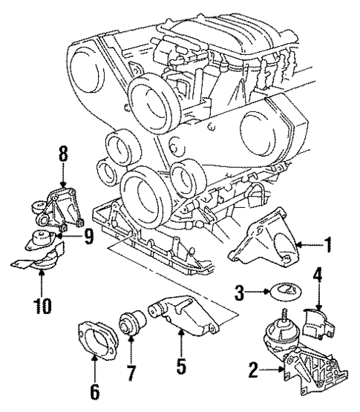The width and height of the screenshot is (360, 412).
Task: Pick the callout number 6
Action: (x=94, y=388)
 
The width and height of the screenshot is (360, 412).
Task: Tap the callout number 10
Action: (x=42, y=304)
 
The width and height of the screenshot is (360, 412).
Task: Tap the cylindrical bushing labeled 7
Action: (x=132, y=324)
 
